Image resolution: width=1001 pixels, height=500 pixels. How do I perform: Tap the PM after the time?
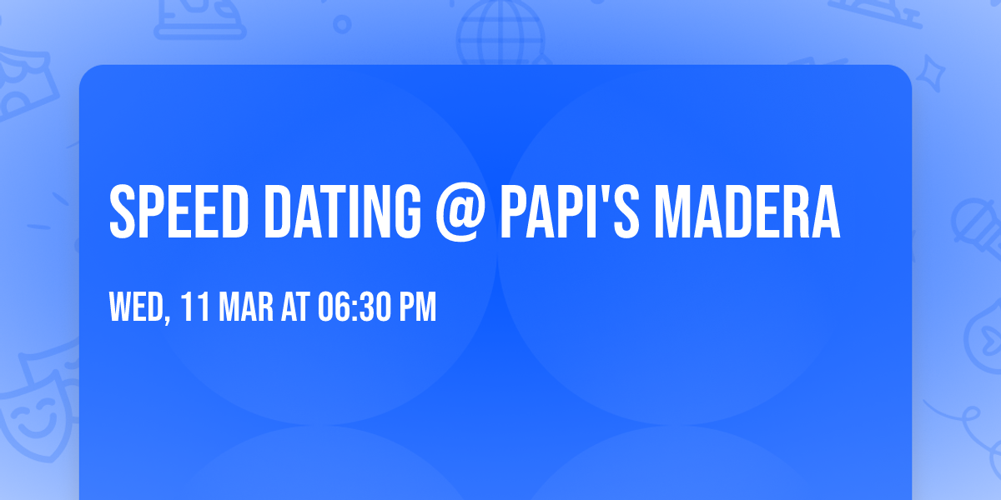[418, 307]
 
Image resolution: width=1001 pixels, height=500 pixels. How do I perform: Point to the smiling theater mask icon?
[33, 417]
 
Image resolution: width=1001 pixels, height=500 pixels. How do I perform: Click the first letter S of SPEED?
[123, 212]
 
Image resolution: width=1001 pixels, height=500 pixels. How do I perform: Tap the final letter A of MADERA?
[824, 212]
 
